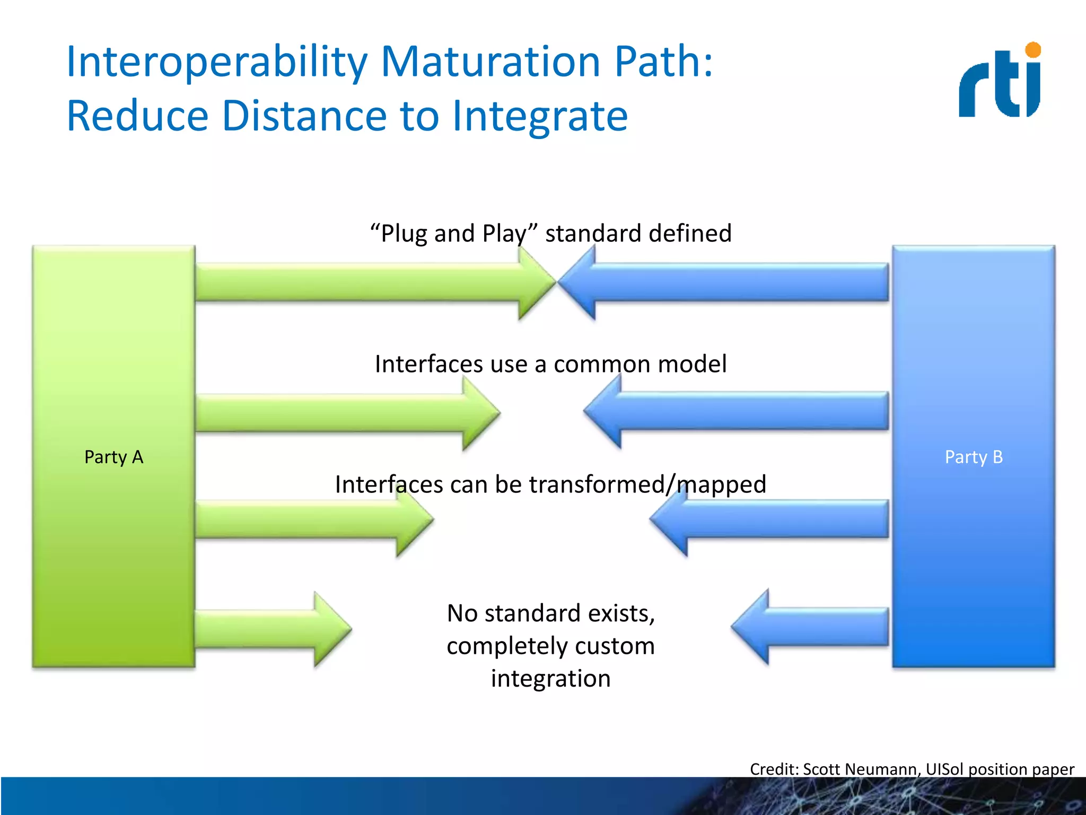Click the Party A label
(113, 457)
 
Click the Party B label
(974, 457)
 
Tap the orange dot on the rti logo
(1033, 50)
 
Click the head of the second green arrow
(480, 412)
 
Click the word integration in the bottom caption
(550, 679)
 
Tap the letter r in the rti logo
(974, 90)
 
